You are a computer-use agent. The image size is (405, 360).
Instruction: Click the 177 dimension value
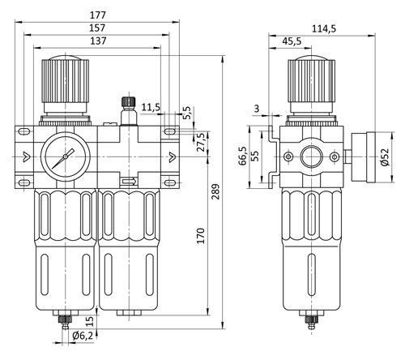97,15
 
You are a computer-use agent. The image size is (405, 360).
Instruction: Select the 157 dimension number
97,28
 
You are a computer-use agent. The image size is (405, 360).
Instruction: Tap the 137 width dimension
98,41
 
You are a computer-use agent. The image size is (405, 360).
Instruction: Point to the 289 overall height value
215,191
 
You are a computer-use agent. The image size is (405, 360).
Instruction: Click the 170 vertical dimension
201,236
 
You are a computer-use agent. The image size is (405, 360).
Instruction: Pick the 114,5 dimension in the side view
324,28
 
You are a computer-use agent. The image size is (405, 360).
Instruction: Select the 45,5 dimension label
292,41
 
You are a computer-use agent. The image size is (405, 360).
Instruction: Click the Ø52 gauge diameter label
384,156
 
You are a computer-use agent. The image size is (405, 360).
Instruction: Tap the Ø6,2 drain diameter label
83,336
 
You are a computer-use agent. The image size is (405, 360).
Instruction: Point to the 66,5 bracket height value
243,156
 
